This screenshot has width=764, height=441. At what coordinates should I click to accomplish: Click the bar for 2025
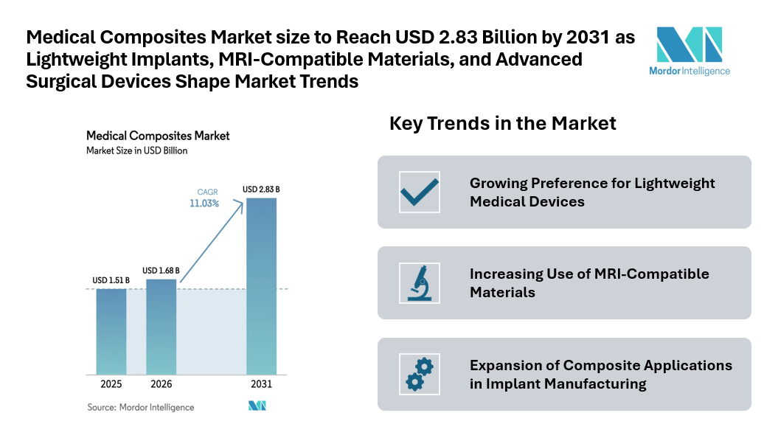pos(111,332)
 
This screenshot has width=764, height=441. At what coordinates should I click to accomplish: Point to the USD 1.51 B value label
pos(111,280)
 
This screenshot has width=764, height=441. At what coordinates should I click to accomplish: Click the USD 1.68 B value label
pos(161,270)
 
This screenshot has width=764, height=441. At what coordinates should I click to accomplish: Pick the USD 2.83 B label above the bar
pos(261,190)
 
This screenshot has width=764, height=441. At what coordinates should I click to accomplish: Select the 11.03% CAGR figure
pos(204,204)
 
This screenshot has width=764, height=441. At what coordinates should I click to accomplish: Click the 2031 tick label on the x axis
pos(261,385)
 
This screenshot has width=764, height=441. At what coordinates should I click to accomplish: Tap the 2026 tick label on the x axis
pos(162,385)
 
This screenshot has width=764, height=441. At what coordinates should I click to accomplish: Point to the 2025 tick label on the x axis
pos(111,385)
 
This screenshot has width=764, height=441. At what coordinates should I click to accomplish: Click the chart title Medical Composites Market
pos(158,136)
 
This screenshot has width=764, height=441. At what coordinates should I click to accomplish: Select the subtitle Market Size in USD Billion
pos(137,150)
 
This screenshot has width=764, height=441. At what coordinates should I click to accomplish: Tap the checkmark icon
pos(419,192)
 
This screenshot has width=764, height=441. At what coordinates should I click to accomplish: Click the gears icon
pos(419,374)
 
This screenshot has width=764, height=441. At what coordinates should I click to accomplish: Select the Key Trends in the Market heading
pos(502,123)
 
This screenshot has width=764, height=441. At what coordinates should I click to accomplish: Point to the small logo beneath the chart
pos(257,406)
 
